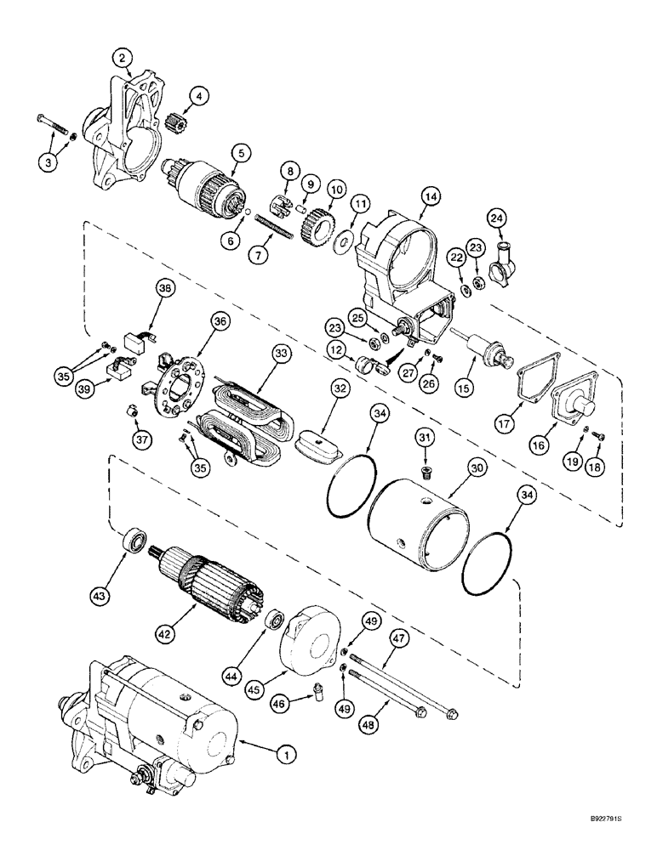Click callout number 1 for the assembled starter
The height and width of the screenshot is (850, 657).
click(x=288, y=751)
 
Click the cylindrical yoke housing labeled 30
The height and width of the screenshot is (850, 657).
click(x=417, y=520)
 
